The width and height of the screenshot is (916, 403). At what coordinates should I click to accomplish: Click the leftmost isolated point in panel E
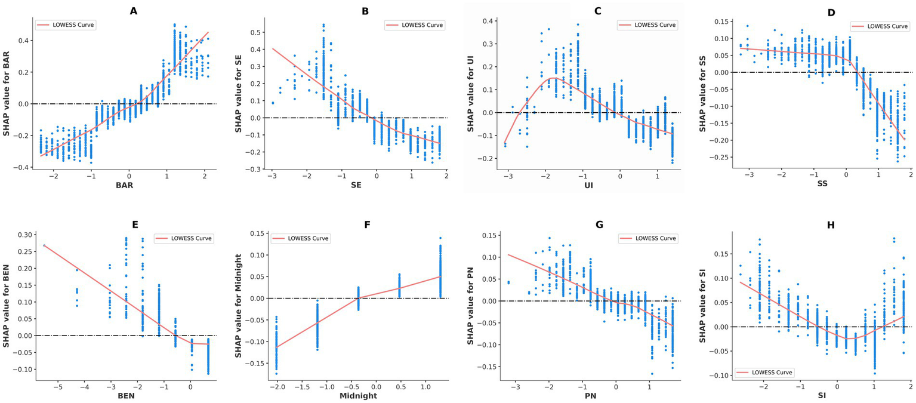(x=44, y=245)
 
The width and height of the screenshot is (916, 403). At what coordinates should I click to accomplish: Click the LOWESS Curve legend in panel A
(x=67, y=25)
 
